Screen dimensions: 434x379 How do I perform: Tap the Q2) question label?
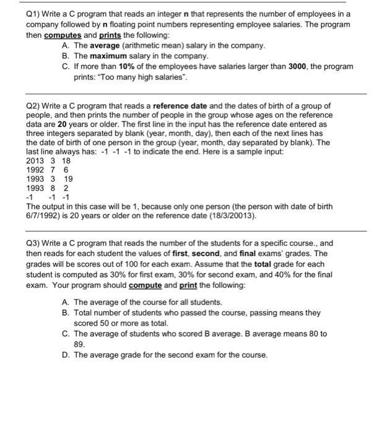35,105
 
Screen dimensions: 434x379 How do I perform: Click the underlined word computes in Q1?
61,34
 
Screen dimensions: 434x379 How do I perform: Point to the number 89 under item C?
79,342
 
